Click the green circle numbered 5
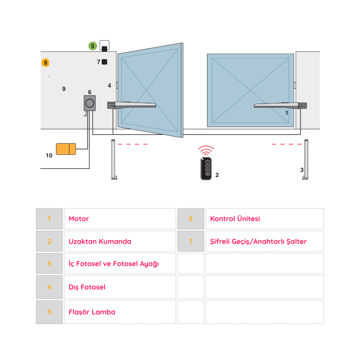click(93, 46)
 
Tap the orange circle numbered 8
click(46, 63)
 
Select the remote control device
click(206, 169)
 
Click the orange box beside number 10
click(66, 149)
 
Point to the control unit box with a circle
click(90, 103)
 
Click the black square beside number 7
click(105, 62)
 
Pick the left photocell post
click(114, 159)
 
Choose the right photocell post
click(306, 159)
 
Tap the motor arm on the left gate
click(132, 105)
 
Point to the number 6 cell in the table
click(190, 219)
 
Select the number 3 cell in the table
click(49, 264)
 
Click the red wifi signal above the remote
click(206, 150)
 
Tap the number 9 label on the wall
click(64, 89)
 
